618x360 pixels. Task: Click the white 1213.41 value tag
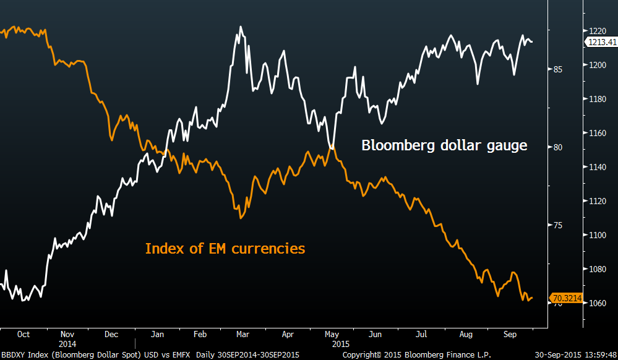tap(600, 42)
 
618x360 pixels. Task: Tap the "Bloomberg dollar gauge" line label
tap(444, 146)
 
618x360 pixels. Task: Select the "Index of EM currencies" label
tap(225, 249)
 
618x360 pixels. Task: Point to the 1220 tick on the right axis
tap(597, 31)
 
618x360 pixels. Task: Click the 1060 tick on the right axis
tap(597, 303)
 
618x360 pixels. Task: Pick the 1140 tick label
tap(597, 167)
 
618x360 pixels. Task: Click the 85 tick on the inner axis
tap(558, 69)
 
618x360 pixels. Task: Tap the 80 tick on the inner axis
tap(558, 147)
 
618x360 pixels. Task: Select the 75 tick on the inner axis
tap(558, 225)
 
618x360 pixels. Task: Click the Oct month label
tap(23, 334)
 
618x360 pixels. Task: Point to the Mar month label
tap(242, 334)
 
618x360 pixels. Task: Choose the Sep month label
tap(510, 334)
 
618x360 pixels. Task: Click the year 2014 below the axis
tap(67, 343)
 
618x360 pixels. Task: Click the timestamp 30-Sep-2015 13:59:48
tap(576, 354)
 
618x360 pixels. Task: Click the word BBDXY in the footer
tap(13, 354)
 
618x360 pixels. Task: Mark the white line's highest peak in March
tap(241, 27)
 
